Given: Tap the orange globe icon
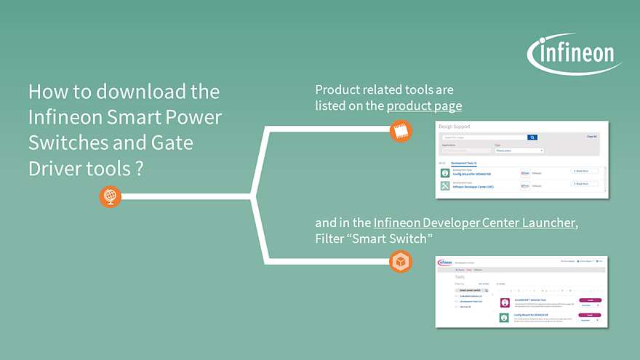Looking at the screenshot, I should [x=110, y=196].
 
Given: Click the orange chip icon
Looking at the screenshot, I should [x=401, y=131].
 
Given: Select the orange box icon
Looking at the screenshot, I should [x=401, y=260].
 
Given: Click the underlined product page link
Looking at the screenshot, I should [x=424, y=106].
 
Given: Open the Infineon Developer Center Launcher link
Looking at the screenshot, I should [x=474, y=223].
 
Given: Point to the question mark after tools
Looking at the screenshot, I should [x=137, y=168].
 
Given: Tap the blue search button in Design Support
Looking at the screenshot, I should [x=532, y=137].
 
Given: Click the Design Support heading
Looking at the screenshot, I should [x=455, y=127].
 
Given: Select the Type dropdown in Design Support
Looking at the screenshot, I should [x=519, y=151].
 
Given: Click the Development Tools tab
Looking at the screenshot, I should [x=464, y=164].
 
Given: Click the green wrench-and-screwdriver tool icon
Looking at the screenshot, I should [x=445, y=185].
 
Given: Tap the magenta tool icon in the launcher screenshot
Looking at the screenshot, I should [x=504, y=300].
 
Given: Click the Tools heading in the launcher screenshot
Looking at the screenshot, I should [x=460, y=277].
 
